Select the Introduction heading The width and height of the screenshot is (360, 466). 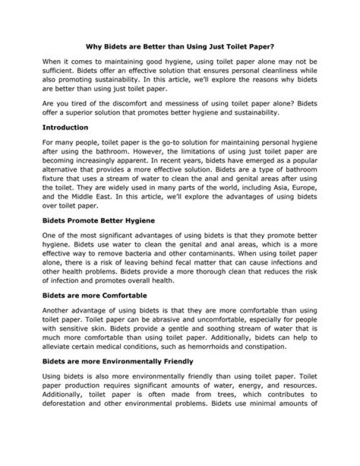[x=65, y=127]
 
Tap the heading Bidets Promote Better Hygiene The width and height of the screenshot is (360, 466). [x=99, y=220]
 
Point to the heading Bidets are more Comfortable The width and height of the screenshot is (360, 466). [x=94, y=295]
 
